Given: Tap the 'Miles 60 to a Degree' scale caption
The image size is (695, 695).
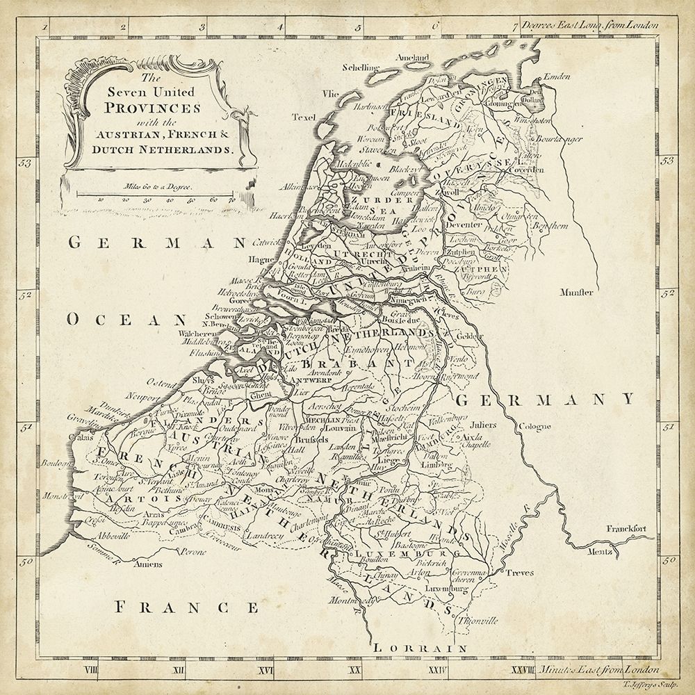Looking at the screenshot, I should click(158, 186).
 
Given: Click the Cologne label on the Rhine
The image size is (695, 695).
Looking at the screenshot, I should click(533, 426).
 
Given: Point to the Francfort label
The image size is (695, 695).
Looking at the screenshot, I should click(628, 529).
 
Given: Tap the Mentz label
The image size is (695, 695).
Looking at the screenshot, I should click(603, 552).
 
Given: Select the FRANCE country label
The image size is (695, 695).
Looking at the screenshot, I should click(186, 607).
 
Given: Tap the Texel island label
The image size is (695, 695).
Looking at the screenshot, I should click(303, 116).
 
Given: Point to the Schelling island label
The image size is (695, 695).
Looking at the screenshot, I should click(361, 67).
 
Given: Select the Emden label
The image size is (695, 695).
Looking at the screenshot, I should click(556, 76).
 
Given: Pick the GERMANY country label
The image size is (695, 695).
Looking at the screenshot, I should click(545, 398).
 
